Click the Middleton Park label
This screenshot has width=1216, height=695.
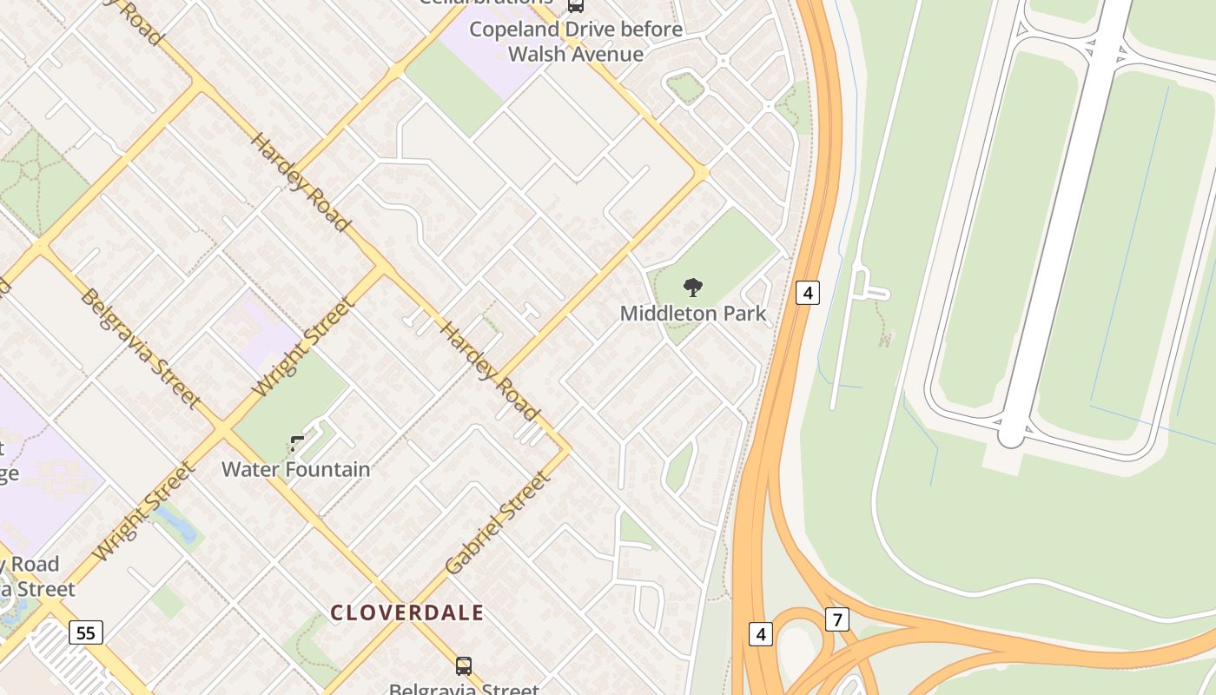click(x=693, y=313)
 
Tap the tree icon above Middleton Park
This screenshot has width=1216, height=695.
click(x=692, y=287)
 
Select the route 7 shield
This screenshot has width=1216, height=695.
click(x=836, y=619)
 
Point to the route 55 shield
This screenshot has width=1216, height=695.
click(x=85, y=632)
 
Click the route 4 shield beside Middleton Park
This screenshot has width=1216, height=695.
click(x=808, y=292)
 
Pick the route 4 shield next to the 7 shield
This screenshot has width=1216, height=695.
click(x=760, y=634)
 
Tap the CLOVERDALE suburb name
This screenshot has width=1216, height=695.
click(x=406, y=612)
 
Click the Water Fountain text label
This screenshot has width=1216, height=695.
click(x=295, y=469)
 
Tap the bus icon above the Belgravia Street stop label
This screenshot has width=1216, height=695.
click(x=464, y=666)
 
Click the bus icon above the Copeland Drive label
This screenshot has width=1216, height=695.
click(x=575, y=5)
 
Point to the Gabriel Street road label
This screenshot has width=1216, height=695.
click(x=498, y=523)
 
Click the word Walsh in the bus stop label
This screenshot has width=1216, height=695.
click(x=539, y=54)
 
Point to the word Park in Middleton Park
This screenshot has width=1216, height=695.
click(x=746, y=313)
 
